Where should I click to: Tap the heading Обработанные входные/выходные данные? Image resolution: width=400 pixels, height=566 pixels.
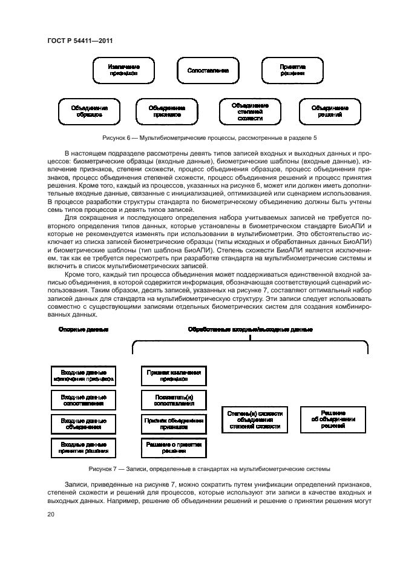[250, 329]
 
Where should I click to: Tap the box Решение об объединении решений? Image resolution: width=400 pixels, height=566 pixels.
[333, 419]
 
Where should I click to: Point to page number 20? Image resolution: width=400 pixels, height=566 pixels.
[51, 515]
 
